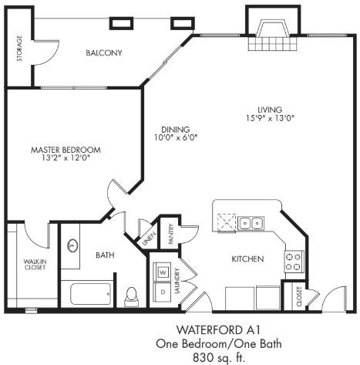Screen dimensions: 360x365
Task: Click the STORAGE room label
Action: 19,49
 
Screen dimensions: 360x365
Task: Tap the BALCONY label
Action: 104,53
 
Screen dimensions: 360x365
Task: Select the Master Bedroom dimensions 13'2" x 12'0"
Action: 66,157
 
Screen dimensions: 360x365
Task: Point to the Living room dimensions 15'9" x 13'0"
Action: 270,118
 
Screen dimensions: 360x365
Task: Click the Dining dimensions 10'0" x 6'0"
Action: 176,137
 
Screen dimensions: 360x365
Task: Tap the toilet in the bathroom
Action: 131,296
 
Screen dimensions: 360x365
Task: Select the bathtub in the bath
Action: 91,294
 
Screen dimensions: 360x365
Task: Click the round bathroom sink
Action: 72,246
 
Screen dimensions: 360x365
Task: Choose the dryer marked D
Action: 162,292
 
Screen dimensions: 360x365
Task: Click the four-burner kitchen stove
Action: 294,262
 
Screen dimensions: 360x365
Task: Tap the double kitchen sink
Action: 251,223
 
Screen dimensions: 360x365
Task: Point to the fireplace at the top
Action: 273,29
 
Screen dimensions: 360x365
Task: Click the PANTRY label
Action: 170,235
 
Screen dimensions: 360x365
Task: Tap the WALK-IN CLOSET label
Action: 35,265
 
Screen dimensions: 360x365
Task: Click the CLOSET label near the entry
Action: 299,296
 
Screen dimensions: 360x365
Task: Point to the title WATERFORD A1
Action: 218,330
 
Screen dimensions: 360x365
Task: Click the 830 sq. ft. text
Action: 218,357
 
